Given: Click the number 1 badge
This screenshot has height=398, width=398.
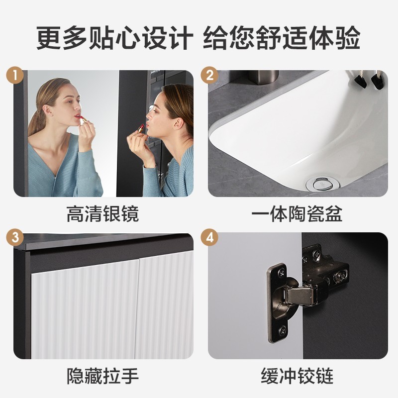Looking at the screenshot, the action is tap(15, 75).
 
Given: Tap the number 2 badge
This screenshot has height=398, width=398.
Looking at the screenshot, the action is tap(209, 75).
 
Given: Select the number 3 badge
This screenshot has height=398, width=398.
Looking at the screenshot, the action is tap(15, 238).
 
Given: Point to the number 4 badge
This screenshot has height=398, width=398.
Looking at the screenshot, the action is tap(209, 238).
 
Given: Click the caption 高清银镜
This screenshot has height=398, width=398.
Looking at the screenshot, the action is tap(103, 214).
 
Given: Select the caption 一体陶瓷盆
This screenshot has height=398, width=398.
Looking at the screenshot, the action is tap(297, 214).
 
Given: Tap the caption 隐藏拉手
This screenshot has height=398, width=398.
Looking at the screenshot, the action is tap(103, 376).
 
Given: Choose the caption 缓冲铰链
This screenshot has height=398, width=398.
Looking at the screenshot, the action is tap(297, 376).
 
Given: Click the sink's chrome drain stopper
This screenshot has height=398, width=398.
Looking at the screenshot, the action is tap(322, 184).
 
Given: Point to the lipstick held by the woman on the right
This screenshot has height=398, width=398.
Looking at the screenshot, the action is tap(141, 128).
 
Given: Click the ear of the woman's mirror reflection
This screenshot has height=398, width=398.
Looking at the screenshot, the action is tap(46, 109).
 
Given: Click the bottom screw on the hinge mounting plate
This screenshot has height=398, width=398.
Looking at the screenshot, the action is tap(282, 331).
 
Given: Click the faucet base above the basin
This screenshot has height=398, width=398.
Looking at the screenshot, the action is tap(263, 76).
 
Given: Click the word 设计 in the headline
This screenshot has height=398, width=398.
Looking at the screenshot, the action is tap(168, 38).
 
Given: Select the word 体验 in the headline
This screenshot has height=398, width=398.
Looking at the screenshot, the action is tap(335, 38).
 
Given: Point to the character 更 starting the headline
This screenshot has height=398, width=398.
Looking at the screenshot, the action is tap(49, 38).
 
